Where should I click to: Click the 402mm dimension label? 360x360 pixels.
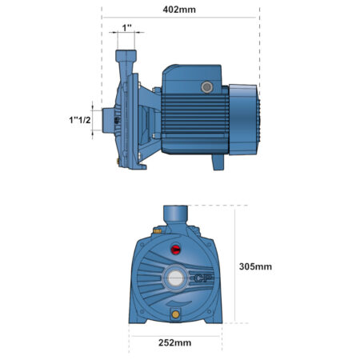point(179,10)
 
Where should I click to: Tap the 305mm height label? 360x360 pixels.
point(255,266)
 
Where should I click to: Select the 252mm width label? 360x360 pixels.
point(175,342)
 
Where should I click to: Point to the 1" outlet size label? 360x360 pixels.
point(127,28)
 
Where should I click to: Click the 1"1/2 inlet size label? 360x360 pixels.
point(80,120)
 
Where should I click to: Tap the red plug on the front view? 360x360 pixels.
point(175,250)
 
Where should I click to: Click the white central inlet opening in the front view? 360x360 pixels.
point(175,278)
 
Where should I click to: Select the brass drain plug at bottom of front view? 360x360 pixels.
point(175,314)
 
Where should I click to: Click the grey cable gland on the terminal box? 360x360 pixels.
point(207,87)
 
